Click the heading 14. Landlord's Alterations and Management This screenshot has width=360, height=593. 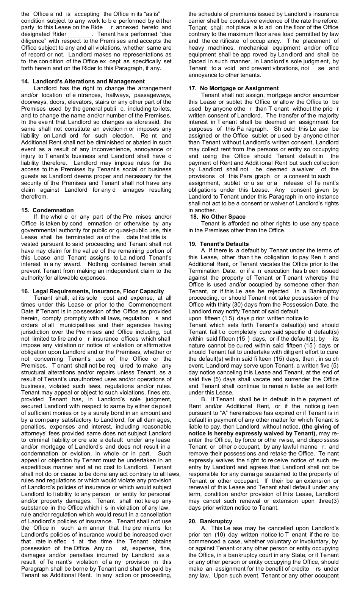[83, 81]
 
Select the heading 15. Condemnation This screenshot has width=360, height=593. [47, 210]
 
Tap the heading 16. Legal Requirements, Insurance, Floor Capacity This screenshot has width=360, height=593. [92, 291]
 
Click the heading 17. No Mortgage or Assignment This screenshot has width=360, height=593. [233, 88]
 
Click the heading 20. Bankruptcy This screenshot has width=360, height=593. [210, 521]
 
